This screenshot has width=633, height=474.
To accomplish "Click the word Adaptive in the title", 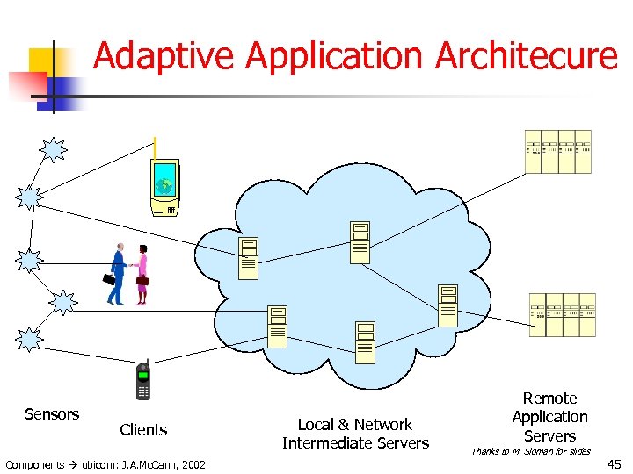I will click(x=164, y=56).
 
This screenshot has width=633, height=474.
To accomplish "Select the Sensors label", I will click(x=52, y=414).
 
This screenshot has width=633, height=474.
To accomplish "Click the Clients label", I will click(x=143, y=430).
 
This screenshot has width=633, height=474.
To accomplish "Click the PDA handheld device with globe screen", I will click(x=164, y=187).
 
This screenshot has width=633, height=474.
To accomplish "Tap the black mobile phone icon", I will click(x=143, y=382).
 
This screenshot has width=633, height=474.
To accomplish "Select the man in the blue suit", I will click(x=117, y=275).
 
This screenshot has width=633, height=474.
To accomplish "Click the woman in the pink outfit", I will click(x=141, y=275).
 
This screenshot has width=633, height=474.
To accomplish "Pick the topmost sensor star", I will click(x=55, y=150).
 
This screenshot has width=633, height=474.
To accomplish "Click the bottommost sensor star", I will click(x=30, y=339).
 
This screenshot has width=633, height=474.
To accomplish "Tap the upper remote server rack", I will click(x=558, y=151).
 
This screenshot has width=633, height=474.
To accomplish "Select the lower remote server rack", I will click(x=562, y=314).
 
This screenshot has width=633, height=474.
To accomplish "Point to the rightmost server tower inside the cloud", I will click(x=447, y=305).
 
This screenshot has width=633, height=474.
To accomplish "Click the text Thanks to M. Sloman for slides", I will click(x=530, y=452).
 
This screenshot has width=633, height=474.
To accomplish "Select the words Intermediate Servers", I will click(x=355, y=443).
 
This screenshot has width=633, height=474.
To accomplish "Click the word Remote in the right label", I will click(x=549, y=399).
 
